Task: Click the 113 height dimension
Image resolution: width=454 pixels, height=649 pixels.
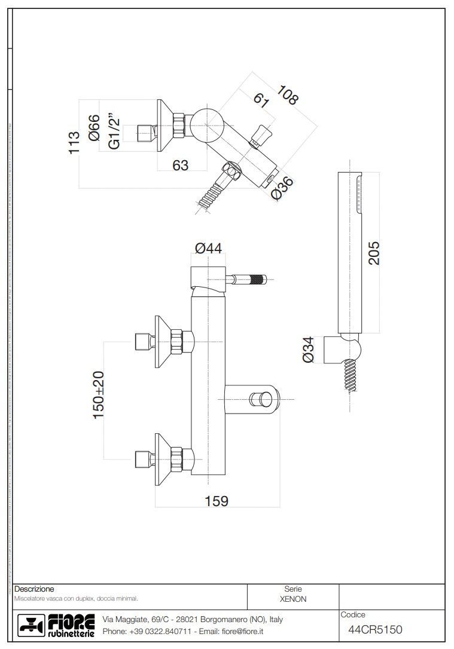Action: point(74,143)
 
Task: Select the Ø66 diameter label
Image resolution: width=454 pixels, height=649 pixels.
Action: point(94,128)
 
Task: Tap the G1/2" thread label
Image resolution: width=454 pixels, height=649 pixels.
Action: point(114,133)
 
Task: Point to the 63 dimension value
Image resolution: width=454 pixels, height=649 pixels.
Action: point(180,165)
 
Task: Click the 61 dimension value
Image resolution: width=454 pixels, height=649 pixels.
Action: point(261,99)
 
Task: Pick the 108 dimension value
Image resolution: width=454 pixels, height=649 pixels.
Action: point(287,96)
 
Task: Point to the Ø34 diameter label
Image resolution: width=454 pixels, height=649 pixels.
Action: point(308,349)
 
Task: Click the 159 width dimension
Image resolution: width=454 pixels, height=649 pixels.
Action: point(216,501)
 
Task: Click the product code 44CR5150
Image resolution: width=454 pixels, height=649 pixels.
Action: point(375,629)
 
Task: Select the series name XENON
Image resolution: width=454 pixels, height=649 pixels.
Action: point(293,599)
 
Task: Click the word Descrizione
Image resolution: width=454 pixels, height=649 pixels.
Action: point(34,589)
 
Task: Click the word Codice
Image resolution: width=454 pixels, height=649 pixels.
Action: point(353,615)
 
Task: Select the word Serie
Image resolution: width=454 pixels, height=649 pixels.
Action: point(293,589)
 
